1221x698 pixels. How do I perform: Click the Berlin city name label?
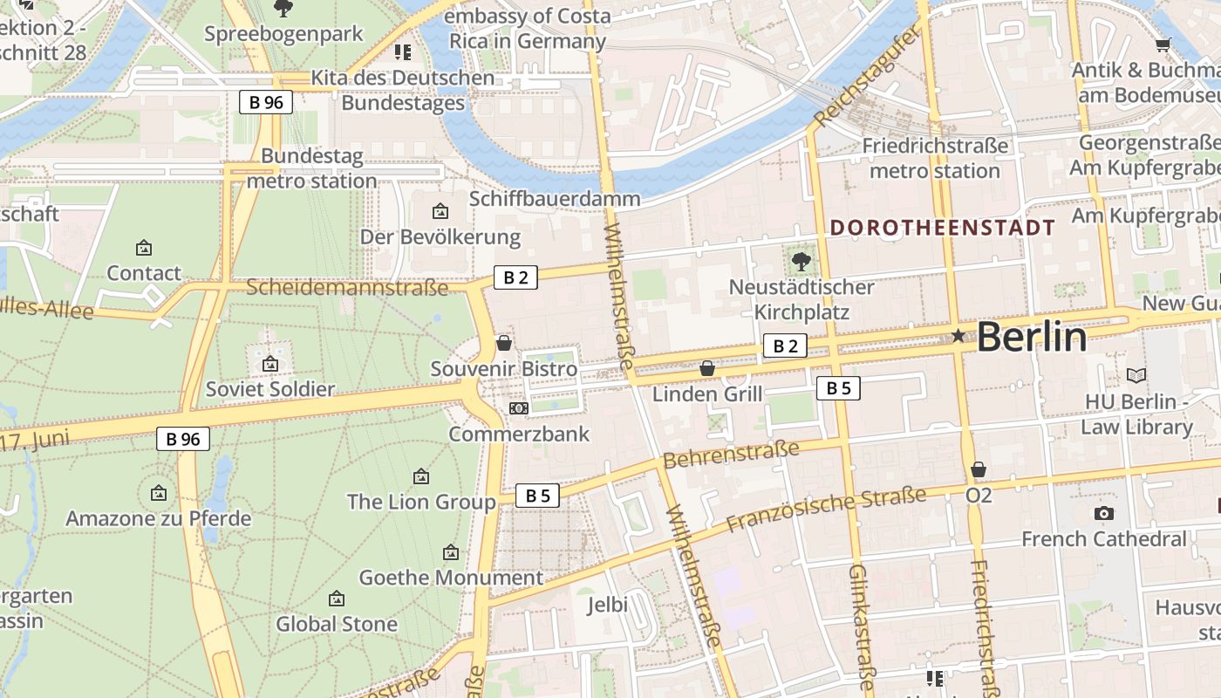pos(1032,337)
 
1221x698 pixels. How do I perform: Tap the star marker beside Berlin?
pos(958,336)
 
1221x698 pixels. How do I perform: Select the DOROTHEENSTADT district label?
pos(942,229)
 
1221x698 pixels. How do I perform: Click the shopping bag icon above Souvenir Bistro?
pos(504,343)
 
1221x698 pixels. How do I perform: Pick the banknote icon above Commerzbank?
pos(519,408)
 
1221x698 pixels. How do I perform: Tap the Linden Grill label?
pos(707,393)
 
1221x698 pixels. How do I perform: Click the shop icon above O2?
pos(979,470)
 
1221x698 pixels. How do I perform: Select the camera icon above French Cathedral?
pos(1103,513)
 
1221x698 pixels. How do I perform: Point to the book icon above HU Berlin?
pos(1136,376)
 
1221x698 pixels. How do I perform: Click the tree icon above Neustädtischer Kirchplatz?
pos(801,261)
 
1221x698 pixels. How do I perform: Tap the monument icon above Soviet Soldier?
pos(270,364)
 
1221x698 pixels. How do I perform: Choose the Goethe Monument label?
pos(451,578)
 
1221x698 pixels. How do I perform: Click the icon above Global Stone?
pos(337,599)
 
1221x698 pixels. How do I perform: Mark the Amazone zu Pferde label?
pos(159,518)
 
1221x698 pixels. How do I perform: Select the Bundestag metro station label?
pos(311,168)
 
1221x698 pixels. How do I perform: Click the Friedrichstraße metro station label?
pos(935,158)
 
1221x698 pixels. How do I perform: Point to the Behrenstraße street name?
pos(731,454)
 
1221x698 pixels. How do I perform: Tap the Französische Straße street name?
pos(826,510)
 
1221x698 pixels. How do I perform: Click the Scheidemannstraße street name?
pos(347,287)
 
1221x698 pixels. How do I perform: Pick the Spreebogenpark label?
pos(283,34)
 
